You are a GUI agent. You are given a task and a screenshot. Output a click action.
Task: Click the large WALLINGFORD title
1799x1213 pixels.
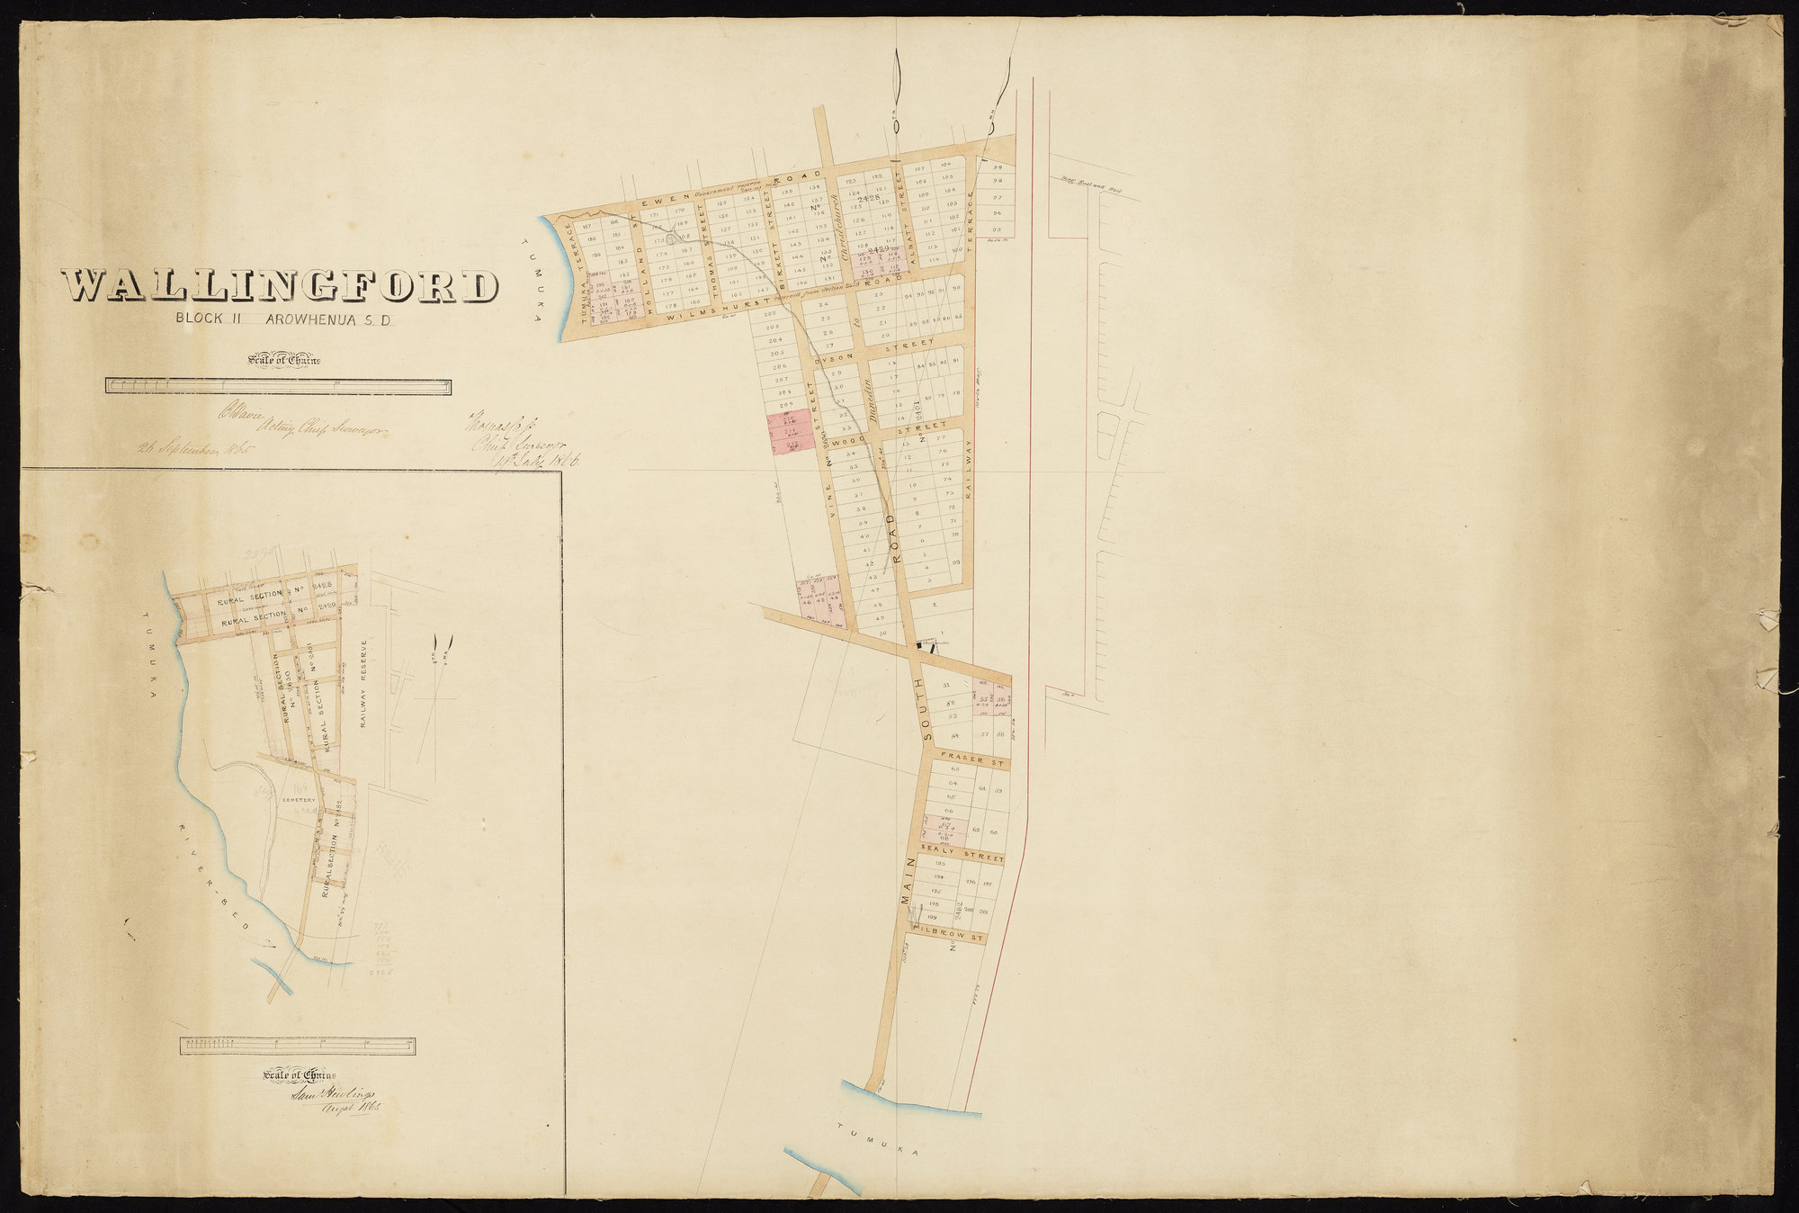pos(280,287)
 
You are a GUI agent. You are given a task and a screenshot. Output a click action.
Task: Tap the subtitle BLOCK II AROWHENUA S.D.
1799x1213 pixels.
pos(282,319)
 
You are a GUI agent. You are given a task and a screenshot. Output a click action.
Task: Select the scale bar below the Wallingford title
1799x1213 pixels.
pos(279,386)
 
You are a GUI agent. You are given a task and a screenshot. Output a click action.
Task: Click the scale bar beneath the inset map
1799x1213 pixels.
pos(298,1047)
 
